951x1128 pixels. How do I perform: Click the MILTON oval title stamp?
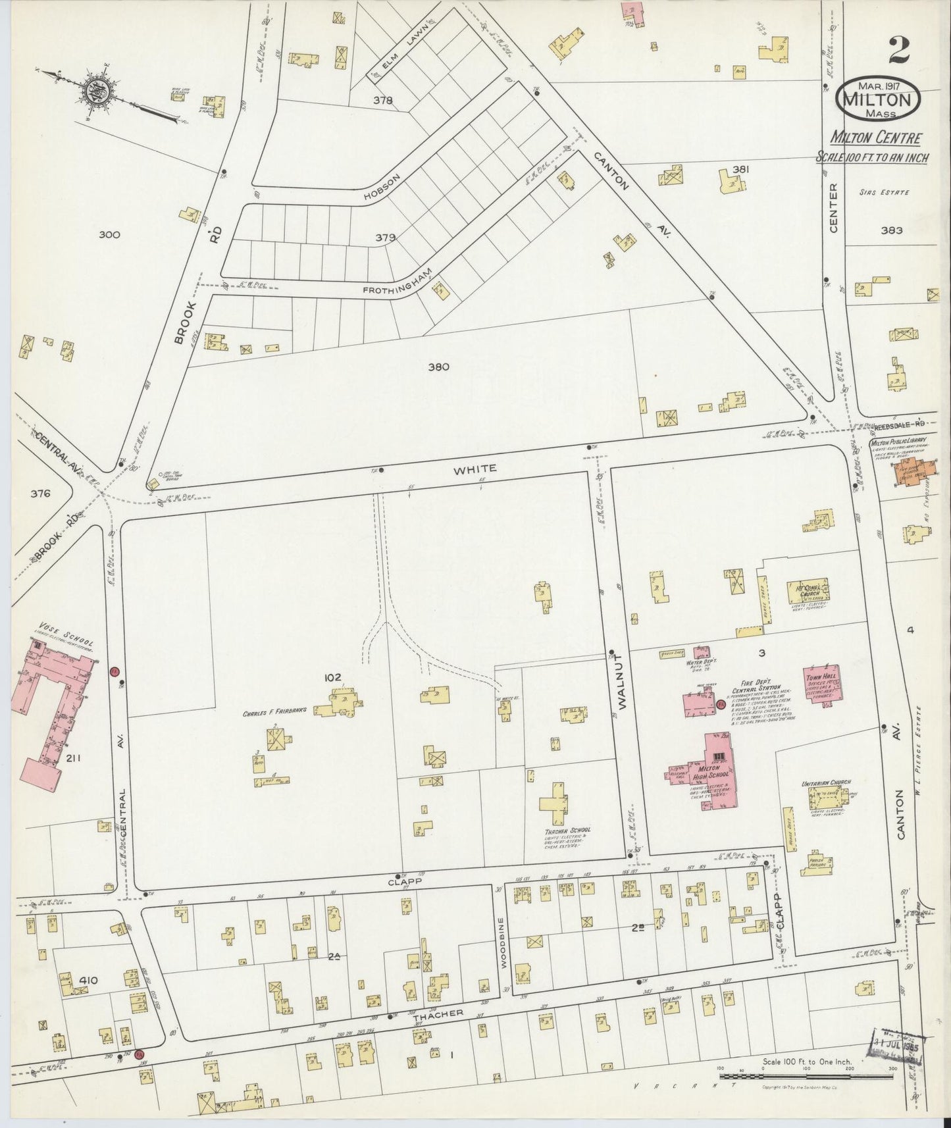coord(878,99)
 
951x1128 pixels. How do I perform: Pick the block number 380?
coord(438,367)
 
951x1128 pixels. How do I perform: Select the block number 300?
coord(109,234)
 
